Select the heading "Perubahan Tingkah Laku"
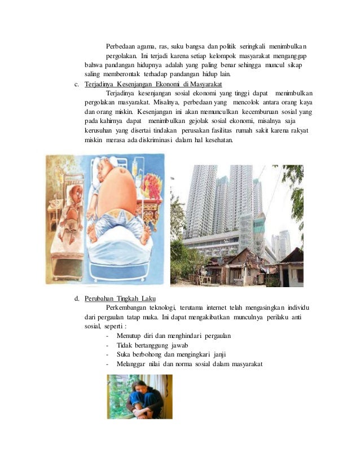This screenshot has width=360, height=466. (120, 298)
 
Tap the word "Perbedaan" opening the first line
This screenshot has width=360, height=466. (121, 46)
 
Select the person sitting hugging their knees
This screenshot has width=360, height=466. (141, 398)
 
